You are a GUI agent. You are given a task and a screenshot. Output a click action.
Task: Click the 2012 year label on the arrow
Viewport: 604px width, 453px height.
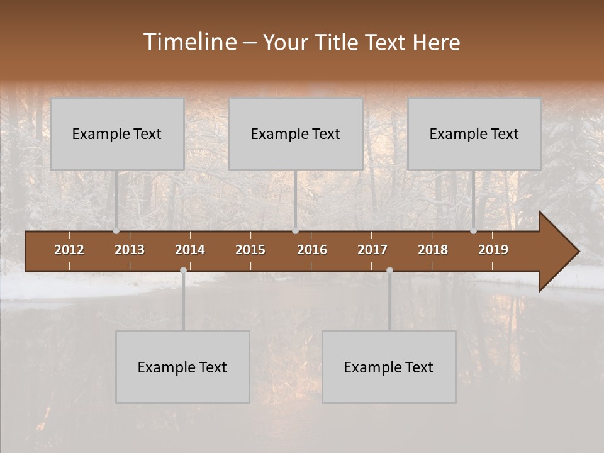tap(69, 250)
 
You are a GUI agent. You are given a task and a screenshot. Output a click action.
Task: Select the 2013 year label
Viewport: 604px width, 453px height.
tap(130, 250)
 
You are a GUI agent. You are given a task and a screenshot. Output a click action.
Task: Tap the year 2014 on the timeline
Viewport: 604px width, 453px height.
tap(190, 250)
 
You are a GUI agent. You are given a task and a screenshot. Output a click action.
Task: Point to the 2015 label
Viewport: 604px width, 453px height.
tap(250, 250)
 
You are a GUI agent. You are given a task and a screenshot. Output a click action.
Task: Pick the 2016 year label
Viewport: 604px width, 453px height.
tap(312, 250)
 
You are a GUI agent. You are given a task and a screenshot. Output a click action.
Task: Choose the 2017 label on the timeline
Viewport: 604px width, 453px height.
tap(372, 250)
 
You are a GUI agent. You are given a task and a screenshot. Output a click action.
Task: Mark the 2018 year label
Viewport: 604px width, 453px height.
tap(433, 250)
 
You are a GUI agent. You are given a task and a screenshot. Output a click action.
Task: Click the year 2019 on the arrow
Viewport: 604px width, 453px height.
tap(493, 250)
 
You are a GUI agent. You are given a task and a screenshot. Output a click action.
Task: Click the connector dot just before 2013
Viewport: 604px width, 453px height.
tap(116, 231)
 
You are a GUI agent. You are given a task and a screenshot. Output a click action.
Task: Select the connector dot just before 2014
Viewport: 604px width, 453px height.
tap(183, 271)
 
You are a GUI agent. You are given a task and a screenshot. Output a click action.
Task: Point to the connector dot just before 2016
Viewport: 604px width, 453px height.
tap(295, 231)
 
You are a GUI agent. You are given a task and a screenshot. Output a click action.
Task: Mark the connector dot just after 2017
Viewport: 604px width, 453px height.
tap(389, 271)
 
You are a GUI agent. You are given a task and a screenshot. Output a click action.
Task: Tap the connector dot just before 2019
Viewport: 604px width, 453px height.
tap(474, 231)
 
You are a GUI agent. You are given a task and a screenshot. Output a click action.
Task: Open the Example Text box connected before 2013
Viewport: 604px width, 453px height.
tap(117, 134)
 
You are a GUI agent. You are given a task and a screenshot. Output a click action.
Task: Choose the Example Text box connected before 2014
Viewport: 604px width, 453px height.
tap(182, 367)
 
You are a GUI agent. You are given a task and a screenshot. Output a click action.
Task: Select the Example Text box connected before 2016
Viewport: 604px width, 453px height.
tap(296, 134)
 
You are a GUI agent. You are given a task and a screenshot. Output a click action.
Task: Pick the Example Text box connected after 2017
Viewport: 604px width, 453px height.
tap(389, 367)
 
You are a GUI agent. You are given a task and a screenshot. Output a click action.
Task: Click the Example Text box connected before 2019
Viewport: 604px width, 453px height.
tap(474, 134)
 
